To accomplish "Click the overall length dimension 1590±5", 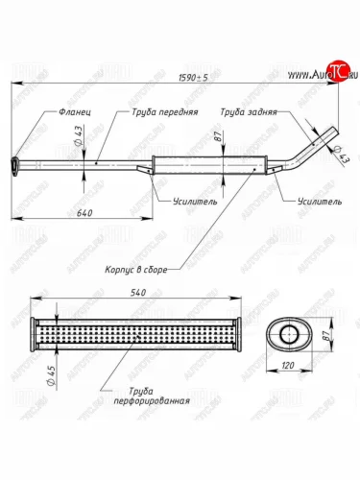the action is pos(193,78).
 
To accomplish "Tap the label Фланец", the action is pos(75,112).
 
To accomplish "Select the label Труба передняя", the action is pos(165,112).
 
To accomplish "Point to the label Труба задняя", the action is pos(249,112).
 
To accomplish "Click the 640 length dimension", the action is pos(84,212).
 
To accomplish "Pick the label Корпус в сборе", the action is pos(136,270).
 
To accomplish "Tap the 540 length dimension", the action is pos(138,292).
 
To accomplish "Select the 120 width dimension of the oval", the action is pos(288,365).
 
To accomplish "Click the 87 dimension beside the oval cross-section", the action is pos(325,335).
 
